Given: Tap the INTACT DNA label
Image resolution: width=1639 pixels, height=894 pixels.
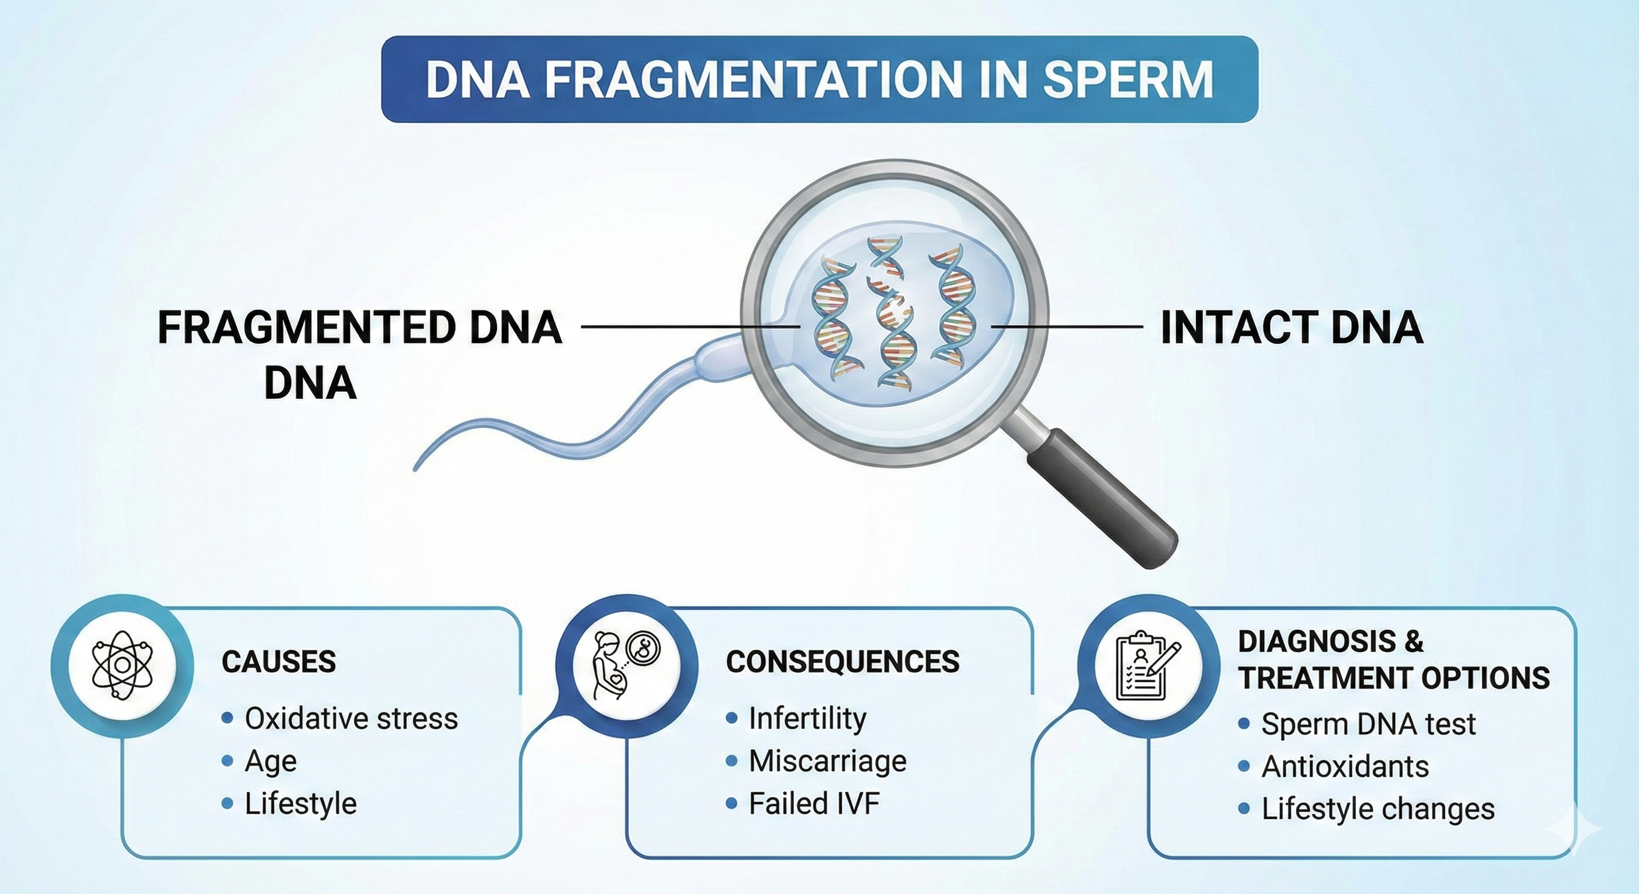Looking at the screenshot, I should (x=1292, y=328).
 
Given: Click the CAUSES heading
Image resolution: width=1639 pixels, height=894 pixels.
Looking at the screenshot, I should (x=279, y=662).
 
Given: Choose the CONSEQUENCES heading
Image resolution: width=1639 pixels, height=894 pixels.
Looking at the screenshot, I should (x=842, y=662).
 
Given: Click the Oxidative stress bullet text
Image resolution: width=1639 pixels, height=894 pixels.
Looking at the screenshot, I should (x=351, y=719).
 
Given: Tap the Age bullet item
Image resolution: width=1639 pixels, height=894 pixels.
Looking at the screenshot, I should (x=271, y=761).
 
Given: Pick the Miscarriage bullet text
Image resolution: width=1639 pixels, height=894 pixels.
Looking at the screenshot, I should (x=827, y=761).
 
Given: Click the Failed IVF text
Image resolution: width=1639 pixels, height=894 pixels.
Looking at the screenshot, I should (x=814, y=804).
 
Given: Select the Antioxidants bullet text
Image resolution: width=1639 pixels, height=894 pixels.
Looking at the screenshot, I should (x=1345, y=767).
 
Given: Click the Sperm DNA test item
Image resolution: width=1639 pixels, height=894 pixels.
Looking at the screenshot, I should (x=1368, y=724).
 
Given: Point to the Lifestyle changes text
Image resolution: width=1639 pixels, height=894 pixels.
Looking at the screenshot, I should (x=1378, y=810).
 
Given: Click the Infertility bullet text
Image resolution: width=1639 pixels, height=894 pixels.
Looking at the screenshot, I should (x=807, y=718).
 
